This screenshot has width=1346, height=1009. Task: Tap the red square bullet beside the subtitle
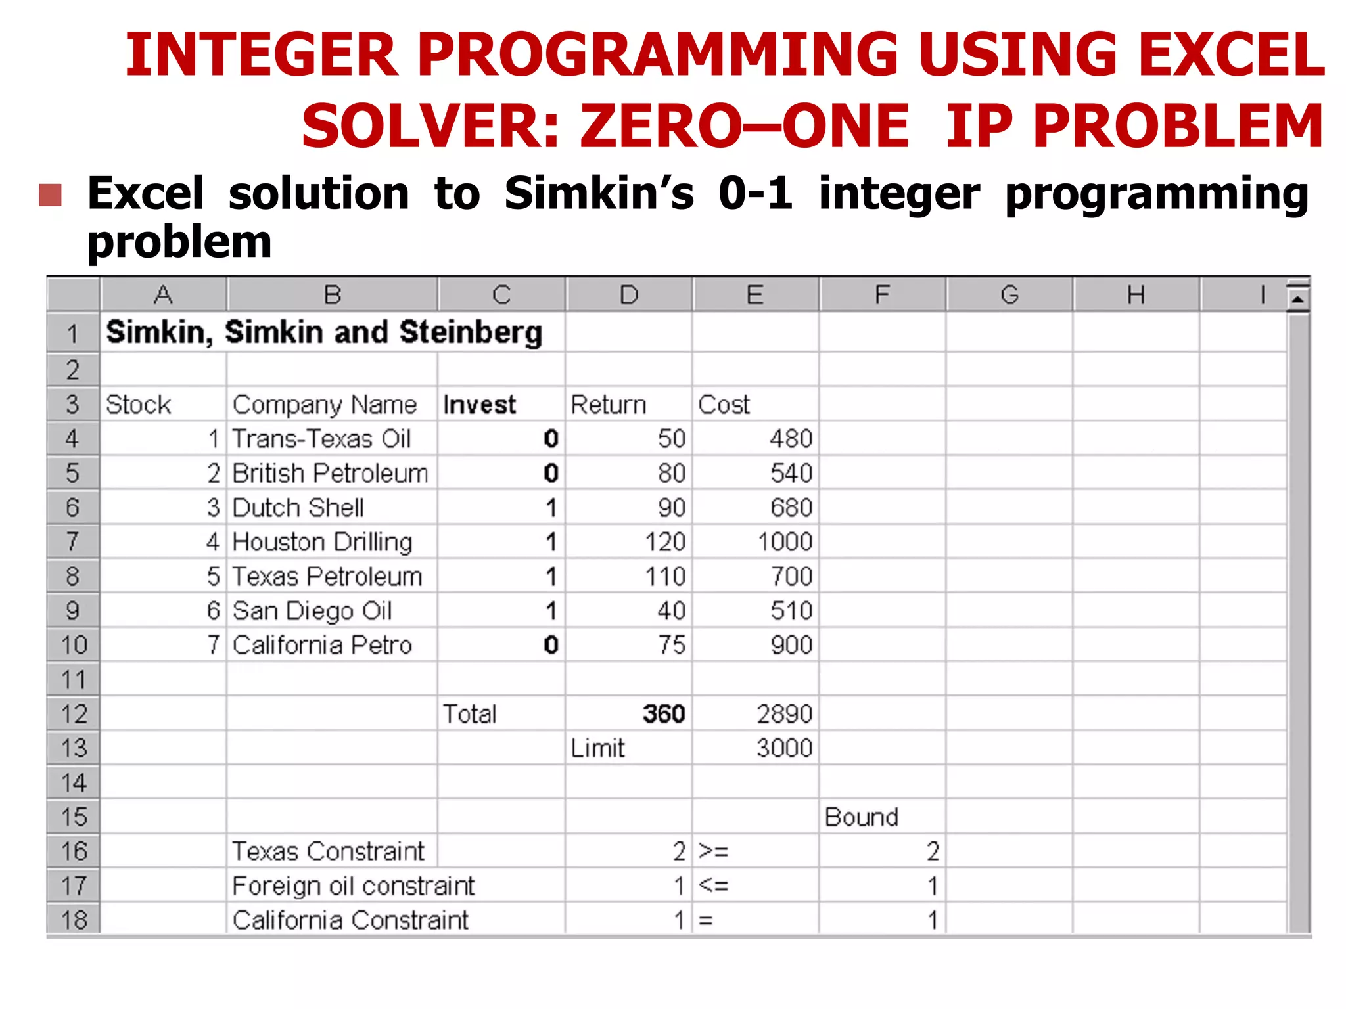(51, 195)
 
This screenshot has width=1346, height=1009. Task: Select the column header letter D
(628, 295)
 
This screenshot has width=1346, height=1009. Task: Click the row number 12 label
(73, 714)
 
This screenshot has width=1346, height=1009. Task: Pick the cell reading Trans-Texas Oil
(321, 439)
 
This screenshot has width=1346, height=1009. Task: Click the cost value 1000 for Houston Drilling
(785, 542)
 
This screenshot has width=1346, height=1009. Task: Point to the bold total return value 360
(664, 714)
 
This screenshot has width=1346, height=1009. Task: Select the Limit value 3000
(784, 748)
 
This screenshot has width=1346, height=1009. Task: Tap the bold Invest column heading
(479, 405)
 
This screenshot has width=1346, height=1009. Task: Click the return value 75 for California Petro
(672, 645)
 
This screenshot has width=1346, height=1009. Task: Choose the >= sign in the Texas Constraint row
(713, 851)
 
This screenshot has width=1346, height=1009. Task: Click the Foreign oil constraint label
(353, 886)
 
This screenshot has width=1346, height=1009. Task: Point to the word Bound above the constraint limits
(861, 817)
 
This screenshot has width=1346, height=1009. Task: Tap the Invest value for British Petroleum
(551, 474)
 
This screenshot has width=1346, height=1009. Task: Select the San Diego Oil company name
(312, 611)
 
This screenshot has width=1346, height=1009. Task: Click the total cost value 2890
(784, 714)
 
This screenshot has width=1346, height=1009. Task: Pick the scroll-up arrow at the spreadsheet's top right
(1297, 300)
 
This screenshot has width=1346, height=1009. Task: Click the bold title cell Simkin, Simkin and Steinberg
(324, 332)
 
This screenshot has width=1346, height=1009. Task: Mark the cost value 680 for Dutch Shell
(791, 508)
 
